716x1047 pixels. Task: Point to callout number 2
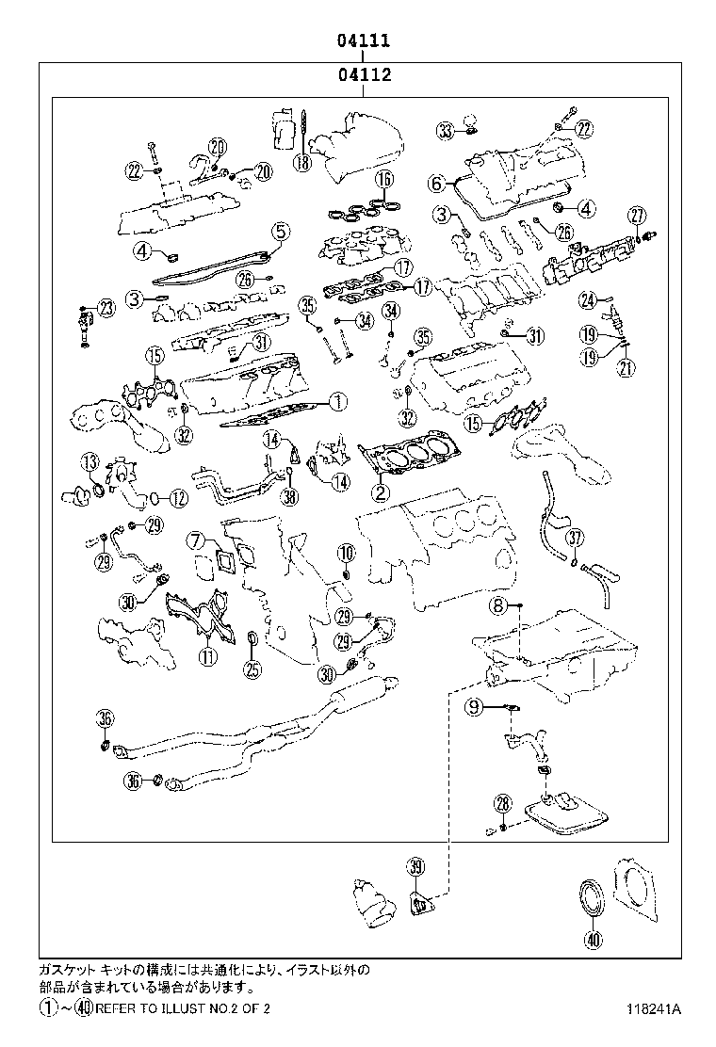pyautogui.click(x=379, y=491)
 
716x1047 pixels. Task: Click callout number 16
pyautogui.click(x=383, y=180)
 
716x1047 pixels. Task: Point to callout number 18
pyautogui.click(x=301, y=162)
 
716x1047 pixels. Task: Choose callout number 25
pyautogui.click(x=252, y=669)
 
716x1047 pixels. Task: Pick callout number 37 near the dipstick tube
pyautogui.click(x=576, y=538)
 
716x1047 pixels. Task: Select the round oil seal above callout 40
pyautogui.click(x=592, y=895)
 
